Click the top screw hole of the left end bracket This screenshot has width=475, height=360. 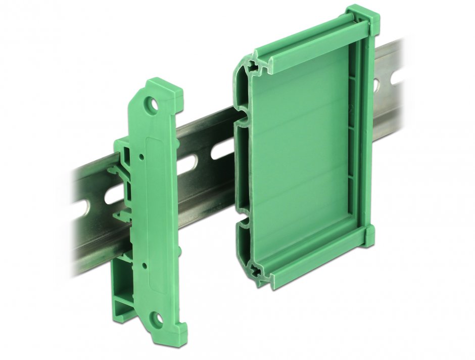pos(152,106)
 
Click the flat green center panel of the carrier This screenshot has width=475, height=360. pos(303,152)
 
